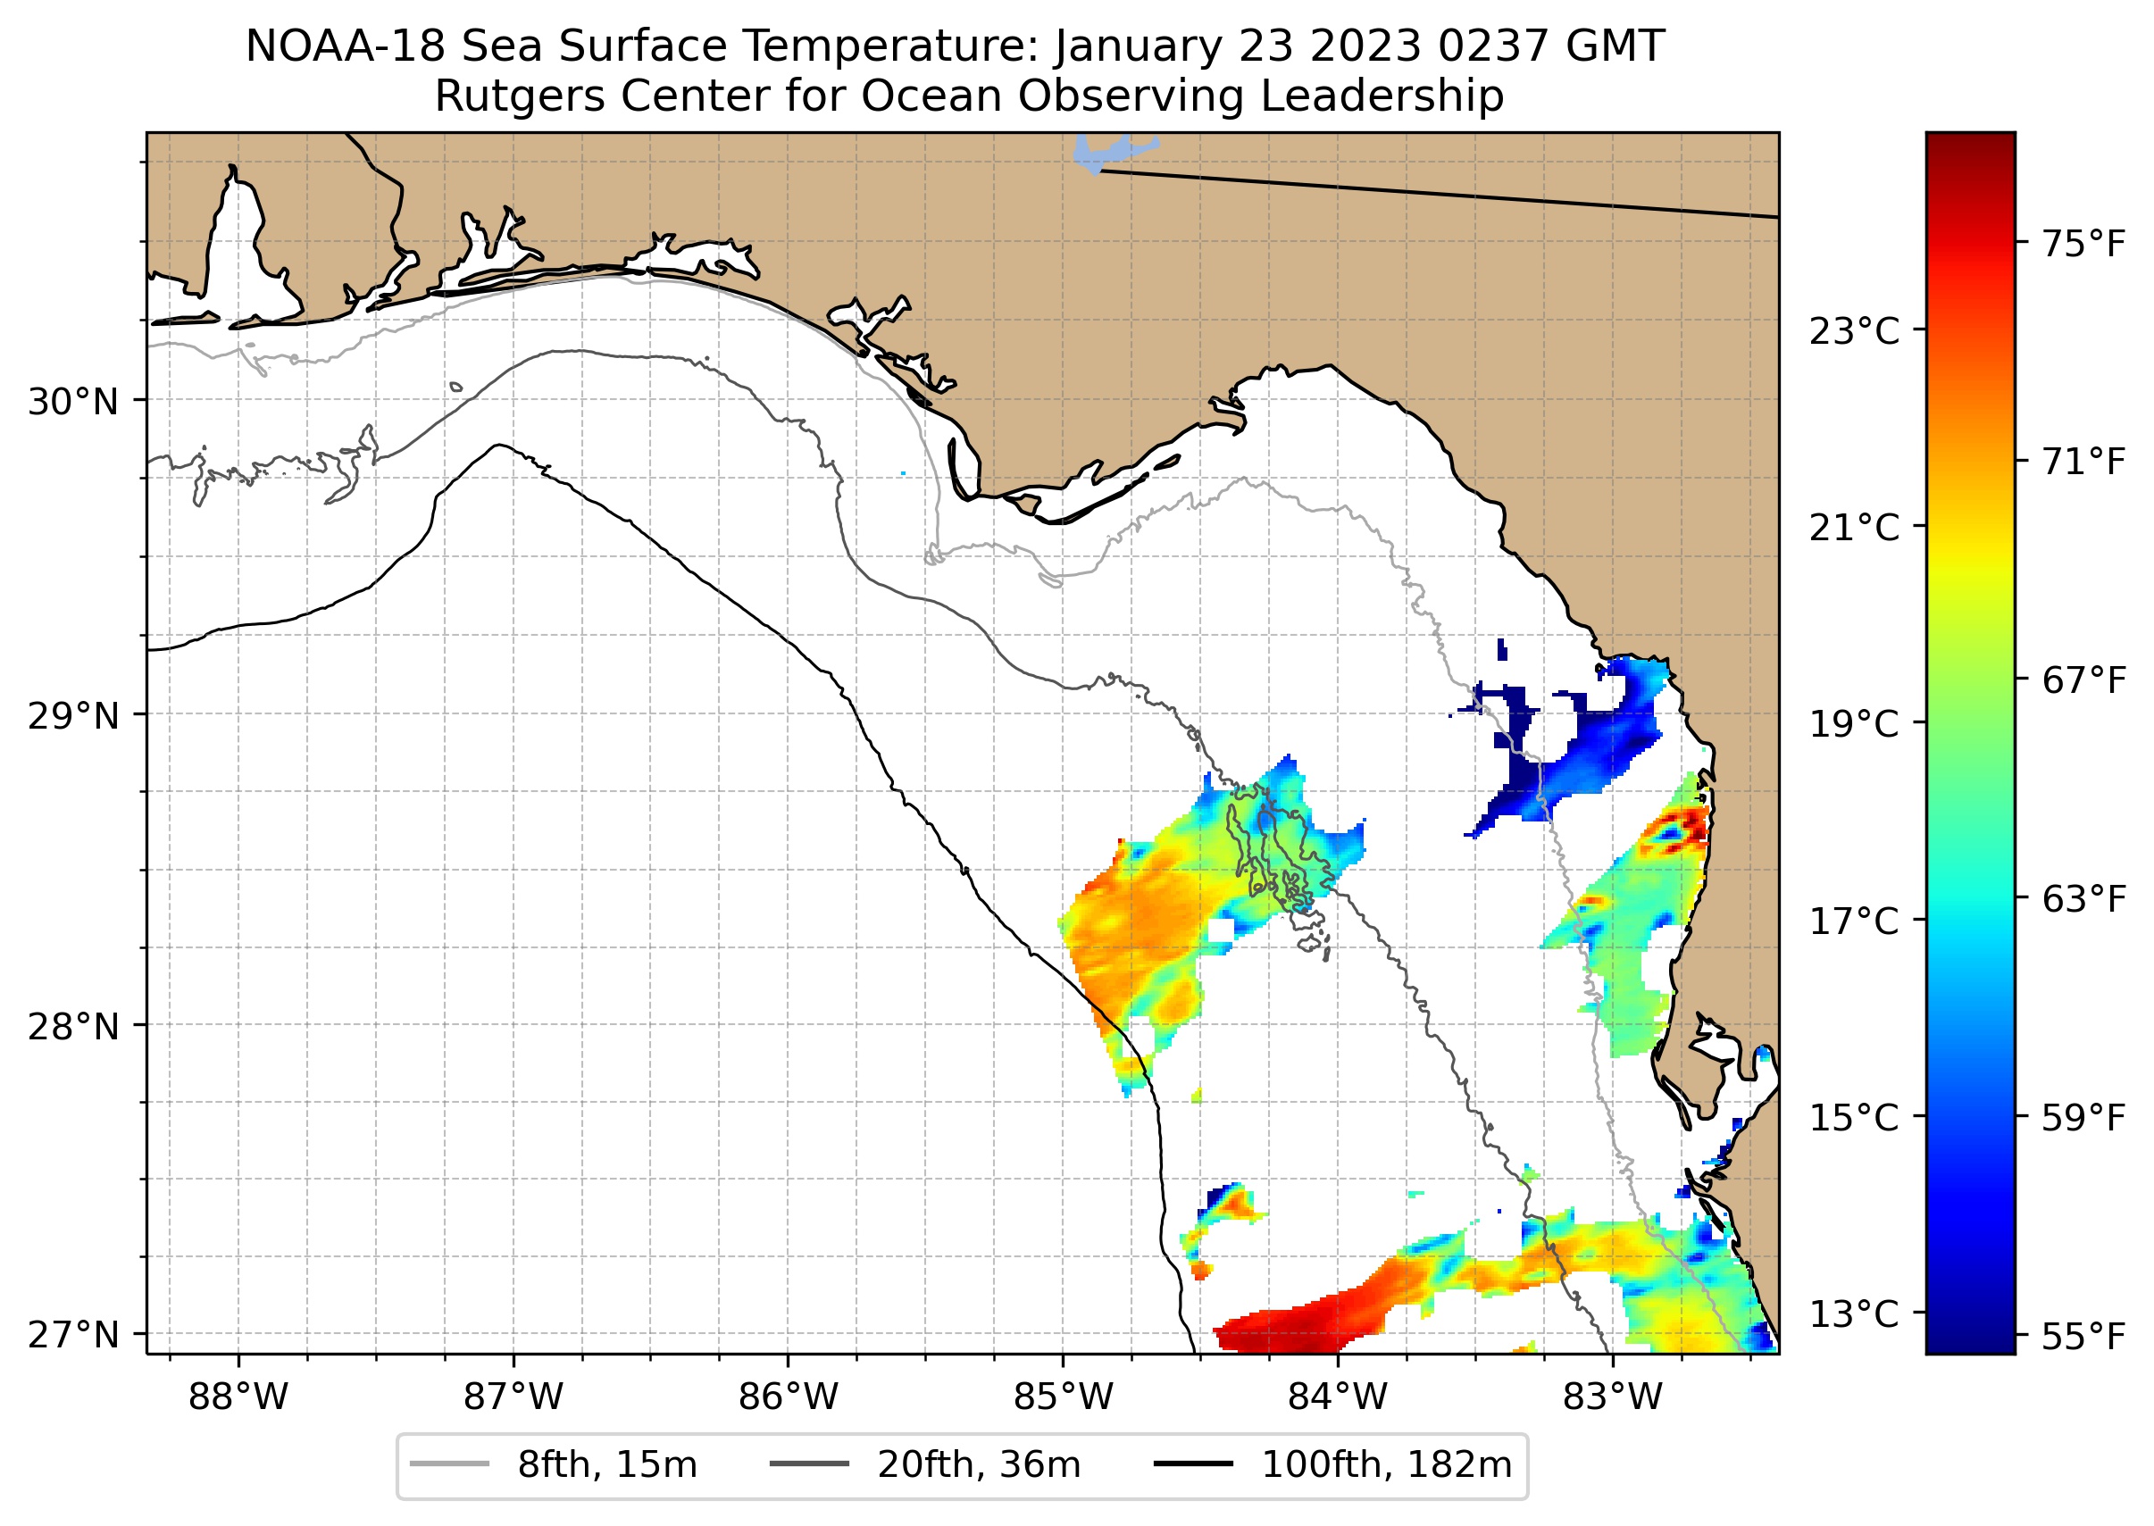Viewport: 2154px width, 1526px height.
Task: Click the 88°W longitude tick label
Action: [x=238, y=1397]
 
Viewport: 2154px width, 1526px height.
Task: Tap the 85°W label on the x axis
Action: [x=1063, y=1397]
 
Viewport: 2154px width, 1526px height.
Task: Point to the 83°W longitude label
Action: [x=1613, y=1397]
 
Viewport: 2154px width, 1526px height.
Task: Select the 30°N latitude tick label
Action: [x=73, y=402]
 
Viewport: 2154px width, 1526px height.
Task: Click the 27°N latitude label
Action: [x=73, y=1334]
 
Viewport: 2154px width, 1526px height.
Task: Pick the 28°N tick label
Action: [x=73, y=1027]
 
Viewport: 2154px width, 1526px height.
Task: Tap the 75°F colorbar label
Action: [x=2083, y=245]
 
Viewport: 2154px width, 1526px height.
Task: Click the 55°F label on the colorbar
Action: [x=2083, y=1336]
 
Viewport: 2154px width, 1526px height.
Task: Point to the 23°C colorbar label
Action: [x=1854, y=331]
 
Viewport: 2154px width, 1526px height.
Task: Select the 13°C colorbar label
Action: [x=1854, y=1313]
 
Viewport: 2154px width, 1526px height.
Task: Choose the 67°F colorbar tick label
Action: [x=2083, y=680]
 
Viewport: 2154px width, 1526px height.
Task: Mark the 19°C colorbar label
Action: [x=1854, y=724]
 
